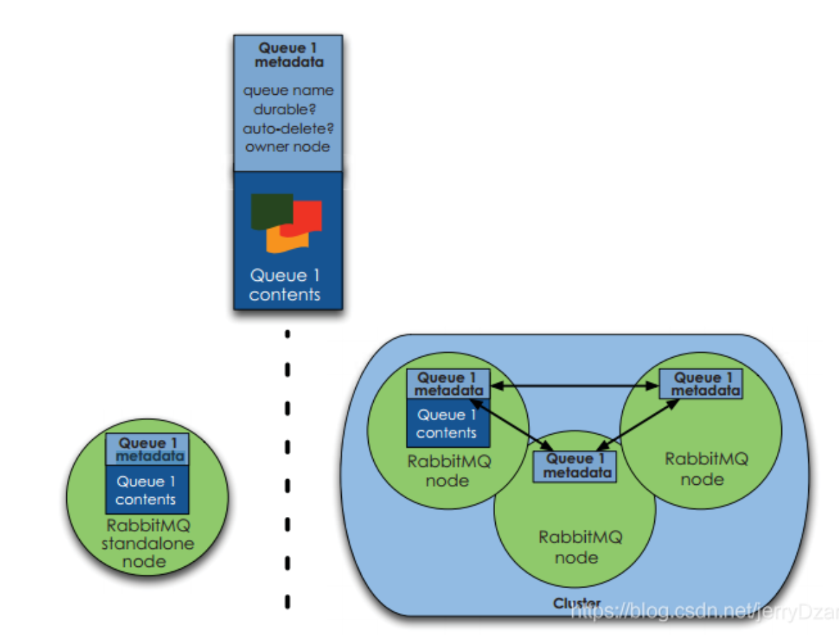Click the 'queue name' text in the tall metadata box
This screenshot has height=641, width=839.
point(288,91)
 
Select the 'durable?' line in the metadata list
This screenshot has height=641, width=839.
point(285,110)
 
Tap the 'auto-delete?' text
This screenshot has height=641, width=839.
point(288,128)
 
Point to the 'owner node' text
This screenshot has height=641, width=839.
point(288,147)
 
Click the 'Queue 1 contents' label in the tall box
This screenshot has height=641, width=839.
point(285,284)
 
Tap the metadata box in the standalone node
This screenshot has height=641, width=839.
point(147,449)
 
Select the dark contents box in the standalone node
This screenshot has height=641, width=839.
point(147,490)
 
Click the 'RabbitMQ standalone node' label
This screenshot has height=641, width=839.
point(148,544)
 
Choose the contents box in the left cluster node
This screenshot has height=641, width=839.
point(447,423)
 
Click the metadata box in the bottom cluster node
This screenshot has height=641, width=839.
point(574,465)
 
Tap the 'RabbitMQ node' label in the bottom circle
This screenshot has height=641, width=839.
point(576,546)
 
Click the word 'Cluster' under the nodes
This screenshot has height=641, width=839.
point(576,604)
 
